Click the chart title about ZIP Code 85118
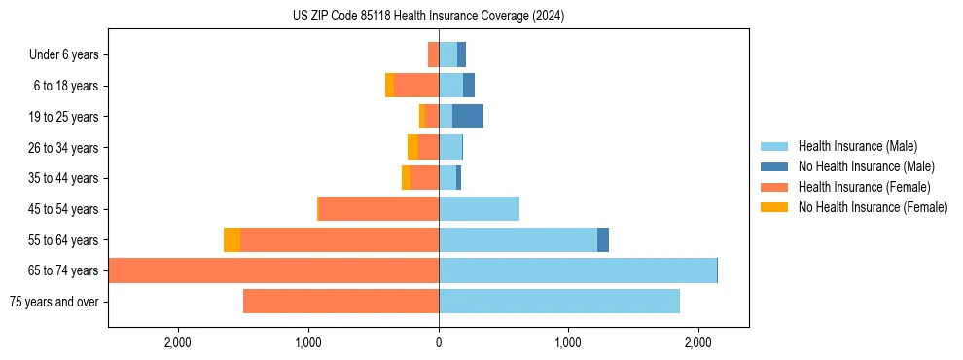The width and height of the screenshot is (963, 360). [x=428, y=17]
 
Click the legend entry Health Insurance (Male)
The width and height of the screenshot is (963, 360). [x=856, y=146]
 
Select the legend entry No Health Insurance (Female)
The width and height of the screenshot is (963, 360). [x=873, y=207]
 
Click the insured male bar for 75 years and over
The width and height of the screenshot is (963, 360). [x=558, y=302]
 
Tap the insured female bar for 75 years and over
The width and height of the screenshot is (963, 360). [x=340, y=302]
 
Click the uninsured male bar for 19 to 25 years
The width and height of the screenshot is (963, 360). [x=468, y=117]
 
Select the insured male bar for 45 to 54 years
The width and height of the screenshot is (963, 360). [x=479, y=209]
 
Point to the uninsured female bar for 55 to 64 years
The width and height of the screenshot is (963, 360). [x=232, y=240]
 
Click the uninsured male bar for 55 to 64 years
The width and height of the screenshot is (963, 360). [x=603, y=240]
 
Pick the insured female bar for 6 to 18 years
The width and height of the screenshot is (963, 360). [x=416, y=86]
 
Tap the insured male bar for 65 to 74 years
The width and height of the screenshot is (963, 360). [x=578, y=270]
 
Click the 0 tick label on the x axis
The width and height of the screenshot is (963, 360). [x=439, y=342]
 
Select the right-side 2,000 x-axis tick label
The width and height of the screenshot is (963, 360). [x=697, y=342]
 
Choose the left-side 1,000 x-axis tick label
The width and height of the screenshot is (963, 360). [x=308, y=342]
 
